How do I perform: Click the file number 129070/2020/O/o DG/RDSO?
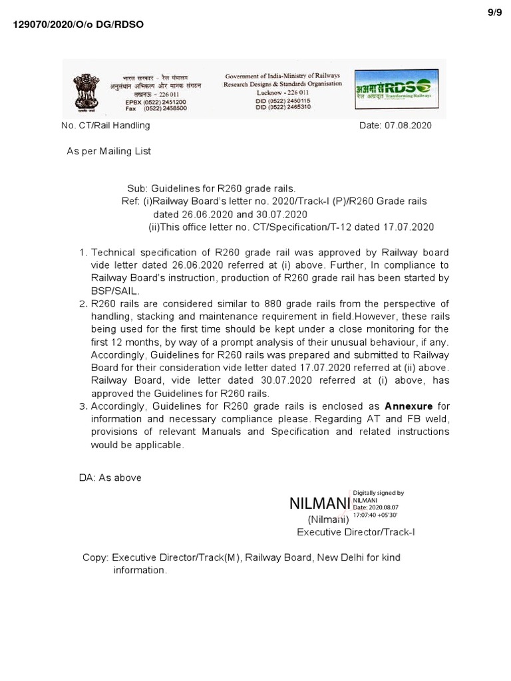click(79, 25)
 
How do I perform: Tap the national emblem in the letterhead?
click(85, 90)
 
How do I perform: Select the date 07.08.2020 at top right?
click(395, 125)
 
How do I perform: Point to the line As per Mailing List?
click(108, 151)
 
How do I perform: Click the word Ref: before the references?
click(130, 202)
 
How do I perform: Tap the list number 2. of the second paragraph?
click(83, 304)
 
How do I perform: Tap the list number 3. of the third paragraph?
click(83, 406)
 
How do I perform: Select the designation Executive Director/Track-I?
click(356, 532)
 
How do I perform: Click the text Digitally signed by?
click(379, 493)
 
